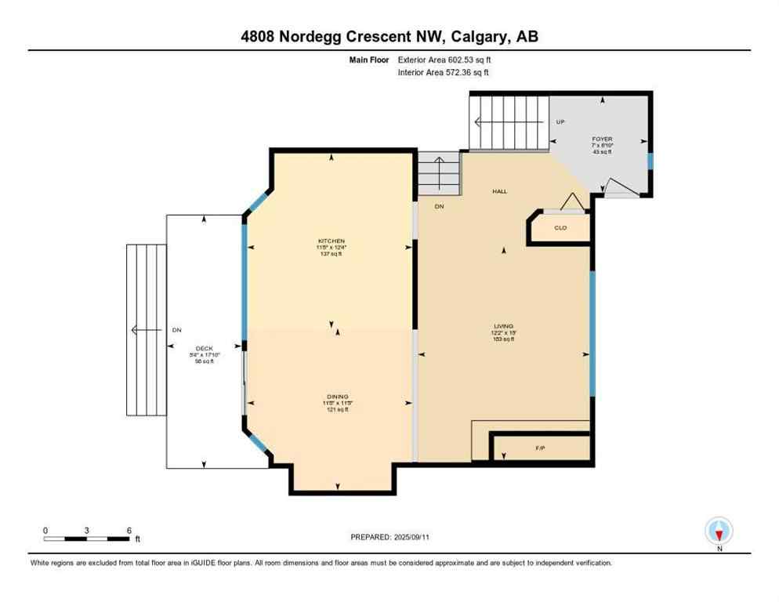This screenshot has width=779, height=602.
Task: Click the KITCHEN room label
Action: (x=332, y=241)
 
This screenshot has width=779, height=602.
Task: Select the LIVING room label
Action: (x=502, y=325)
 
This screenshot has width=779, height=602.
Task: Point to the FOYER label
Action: (x=602, y=139)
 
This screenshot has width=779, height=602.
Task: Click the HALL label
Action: (x=499, y=191)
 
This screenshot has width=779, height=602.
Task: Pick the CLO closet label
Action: (x=560, y=228)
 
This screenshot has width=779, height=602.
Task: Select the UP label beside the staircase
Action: (x=560, y=122)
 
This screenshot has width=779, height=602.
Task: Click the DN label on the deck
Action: (x=176, y=330)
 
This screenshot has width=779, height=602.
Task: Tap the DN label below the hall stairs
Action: (x=439, y=206)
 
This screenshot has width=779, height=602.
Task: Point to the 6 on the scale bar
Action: (x=129, y=530)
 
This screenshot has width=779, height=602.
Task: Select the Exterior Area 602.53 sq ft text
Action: (x=444, y=60)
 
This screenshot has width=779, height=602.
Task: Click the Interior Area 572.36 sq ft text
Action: (x=444, y=73)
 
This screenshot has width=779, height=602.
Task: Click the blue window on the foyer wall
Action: (x=650, y=161)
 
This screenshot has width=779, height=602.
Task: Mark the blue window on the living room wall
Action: (x=592, y=332)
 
